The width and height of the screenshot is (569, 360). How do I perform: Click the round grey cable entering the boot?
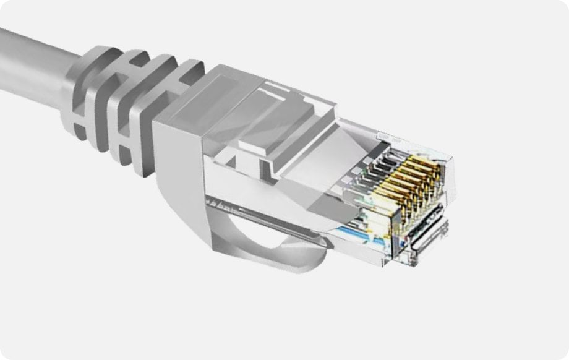point(31,68)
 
